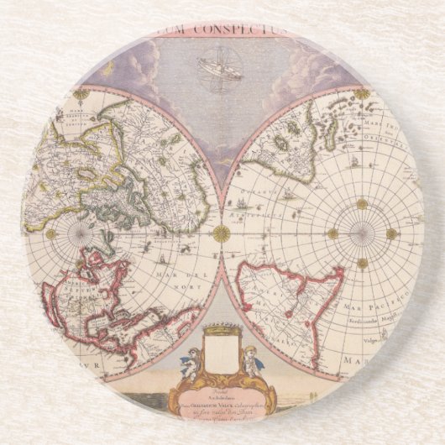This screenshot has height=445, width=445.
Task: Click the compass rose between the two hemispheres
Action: (x=221, y=233)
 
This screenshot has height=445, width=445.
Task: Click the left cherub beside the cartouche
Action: (x=192, y=362)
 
